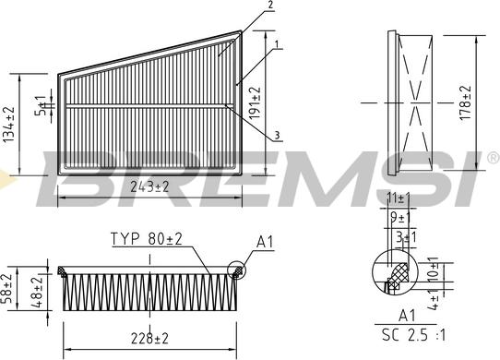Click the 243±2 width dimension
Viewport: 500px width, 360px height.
[149, 187]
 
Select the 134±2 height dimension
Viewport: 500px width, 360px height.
[9, 125]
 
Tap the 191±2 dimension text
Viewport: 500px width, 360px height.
[255, 102]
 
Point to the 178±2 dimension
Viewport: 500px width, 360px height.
[466, 102]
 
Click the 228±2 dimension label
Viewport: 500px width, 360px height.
[149, 339]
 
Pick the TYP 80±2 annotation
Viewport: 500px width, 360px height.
[147, 239]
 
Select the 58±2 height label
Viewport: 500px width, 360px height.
[7, 289]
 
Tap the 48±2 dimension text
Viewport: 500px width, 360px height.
[37, 292]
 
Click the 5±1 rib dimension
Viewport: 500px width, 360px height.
[42, 105]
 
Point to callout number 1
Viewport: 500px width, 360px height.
[277, 44]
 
